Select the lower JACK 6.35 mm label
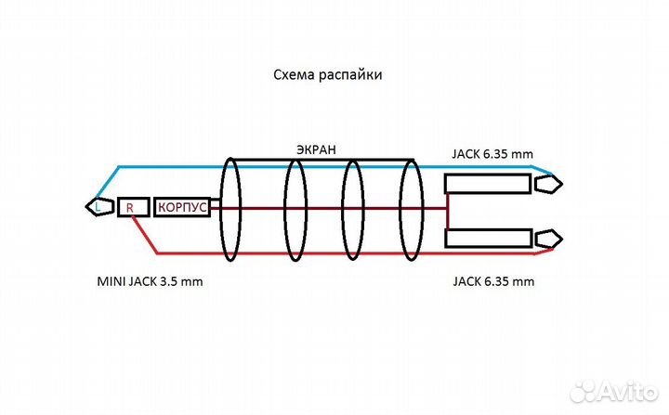[x=492, y=279]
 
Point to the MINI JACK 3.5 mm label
[x=150, y=279]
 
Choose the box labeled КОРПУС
[x=182, y=207]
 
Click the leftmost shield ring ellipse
[x=230, y=208]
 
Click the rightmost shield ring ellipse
[x=410, y=208]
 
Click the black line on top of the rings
[x=320, y=159]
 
